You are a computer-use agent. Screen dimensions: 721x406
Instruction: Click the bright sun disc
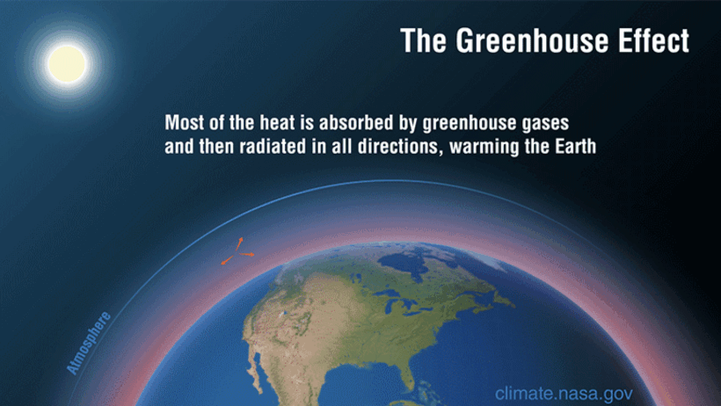67,64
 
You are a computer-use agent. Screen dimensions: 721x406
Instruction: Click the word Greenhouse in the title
533,40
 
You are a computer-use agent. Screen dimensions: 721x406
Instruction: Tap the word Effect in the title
653,40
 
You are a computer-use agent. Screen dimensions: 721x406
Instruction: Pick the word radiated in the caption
264,147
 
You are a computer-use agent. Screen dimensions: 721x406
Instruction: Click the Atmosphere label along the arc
88,343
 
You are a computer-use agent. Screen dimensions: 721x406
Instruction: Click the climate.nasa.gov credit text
564,394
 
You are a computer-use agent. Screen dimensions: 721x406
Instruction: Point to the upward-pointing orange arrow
238,244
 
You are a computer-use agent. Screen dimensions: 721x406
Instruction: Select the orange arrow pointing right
247,254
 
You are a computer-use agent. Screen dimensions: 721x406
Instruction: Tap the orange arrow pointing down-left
227,260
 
